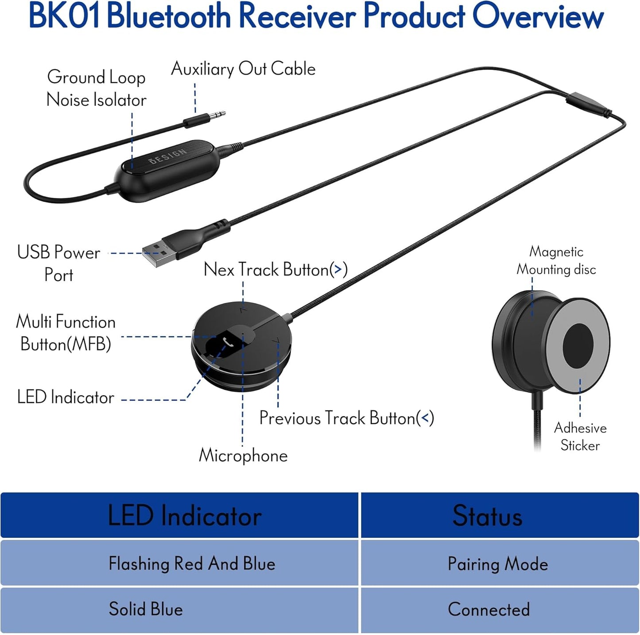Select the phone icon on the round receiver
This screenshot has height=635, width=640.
[229, 341]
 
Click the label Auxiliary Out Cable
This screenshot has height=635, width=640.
[243, 69]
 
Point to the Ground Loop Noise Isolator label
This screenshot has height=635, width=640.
[96, 88]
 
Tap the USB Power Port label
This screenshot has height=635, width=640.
[58, 263]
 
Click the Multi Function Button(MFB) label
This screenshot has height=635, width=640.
[66, 333]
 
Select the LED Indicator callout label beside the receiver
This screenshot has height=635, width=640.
[66, 397]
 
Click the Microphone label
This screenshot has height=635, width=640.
[243, 455]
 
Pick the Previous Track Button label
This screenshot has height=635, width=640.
[346, 418]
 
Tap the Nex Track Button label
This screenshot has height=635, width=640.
[275, 269]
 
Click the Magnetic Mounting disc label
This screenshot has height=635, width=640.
[556, 260]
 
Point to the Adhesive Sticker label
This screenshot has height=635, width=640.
[580, 436]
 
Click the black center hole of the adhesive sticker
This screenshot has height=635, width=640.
[578, 345]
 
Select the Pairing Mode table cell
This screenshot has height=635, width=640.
[498, 564]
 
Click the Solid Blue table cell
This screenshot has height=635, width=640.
[146, 609]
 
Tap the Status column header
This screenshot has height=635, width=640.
[487, 516]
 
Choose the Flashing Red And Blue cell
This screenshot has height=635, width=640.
[192, 564]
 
